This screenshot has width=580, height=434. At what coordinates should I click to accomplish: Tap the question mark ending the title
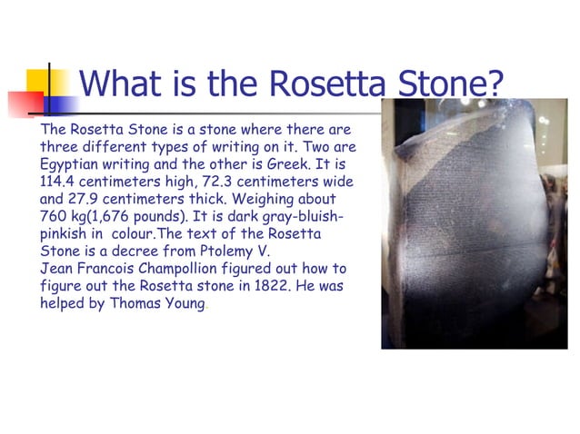493,84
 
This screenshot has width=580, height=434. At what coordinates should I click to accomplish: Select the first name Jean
57,269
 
